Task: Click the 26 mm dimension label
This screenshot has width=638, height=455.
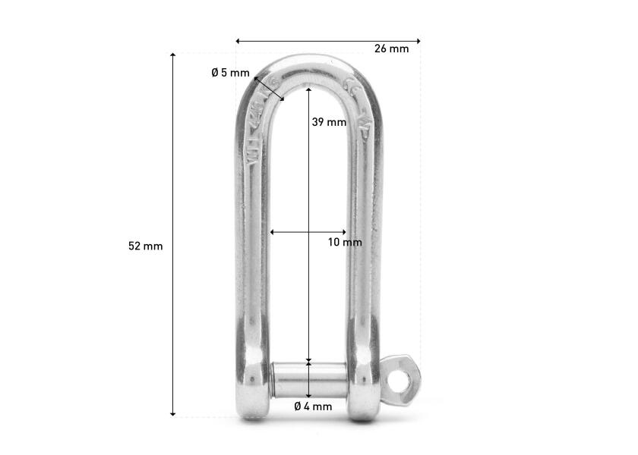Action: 391,49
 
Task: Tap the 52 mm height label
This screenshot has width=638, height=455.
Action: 145,246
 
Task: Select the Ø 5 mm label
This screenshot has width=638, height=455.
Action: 229,73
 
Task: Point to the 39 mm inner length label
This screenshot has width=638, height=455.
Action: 329,122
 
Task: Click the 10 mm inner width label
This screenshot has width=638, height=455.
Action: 345,243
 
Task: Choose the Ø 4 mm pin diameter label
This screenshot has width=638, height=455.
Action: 313,406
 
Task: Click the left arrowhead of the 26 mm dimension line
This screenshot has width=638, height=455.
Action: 238,41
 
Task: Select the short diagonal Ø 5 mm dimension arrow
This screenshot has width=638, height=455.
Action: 269,89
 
